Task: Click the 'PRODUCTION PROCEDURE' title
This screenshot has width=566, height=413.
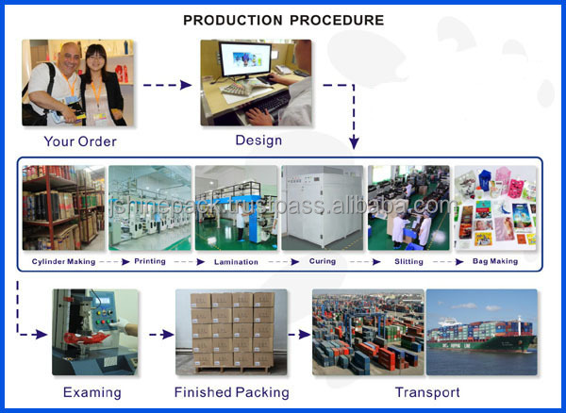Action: [283, 20]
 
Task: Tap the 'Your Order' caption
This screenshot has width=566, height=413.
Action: [80, 142]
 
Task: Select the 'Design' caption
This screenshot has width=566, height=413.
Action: [258, 140]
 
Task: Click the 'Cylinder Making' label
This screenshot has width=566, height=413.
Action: [63, 261]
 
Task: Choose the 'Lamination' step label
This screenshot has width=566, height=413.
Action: [235, 261]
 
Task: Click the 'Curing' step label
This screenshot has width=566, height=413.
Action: [323, 261]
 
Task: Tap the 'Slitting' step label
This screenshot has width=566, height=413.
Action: [408, 261]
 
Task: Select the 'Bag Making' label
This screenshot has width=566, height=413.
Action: [495, 261]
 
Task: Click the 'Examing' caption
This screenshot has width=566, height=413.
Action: [92, 392]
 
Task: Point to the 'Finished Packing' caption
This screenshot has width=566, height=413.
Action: [232, 392]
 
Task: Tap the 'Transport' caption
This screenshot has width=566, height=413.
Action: [428, 392]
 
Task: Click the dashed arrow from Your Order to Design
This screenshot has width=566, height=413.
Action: [169, 85]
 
